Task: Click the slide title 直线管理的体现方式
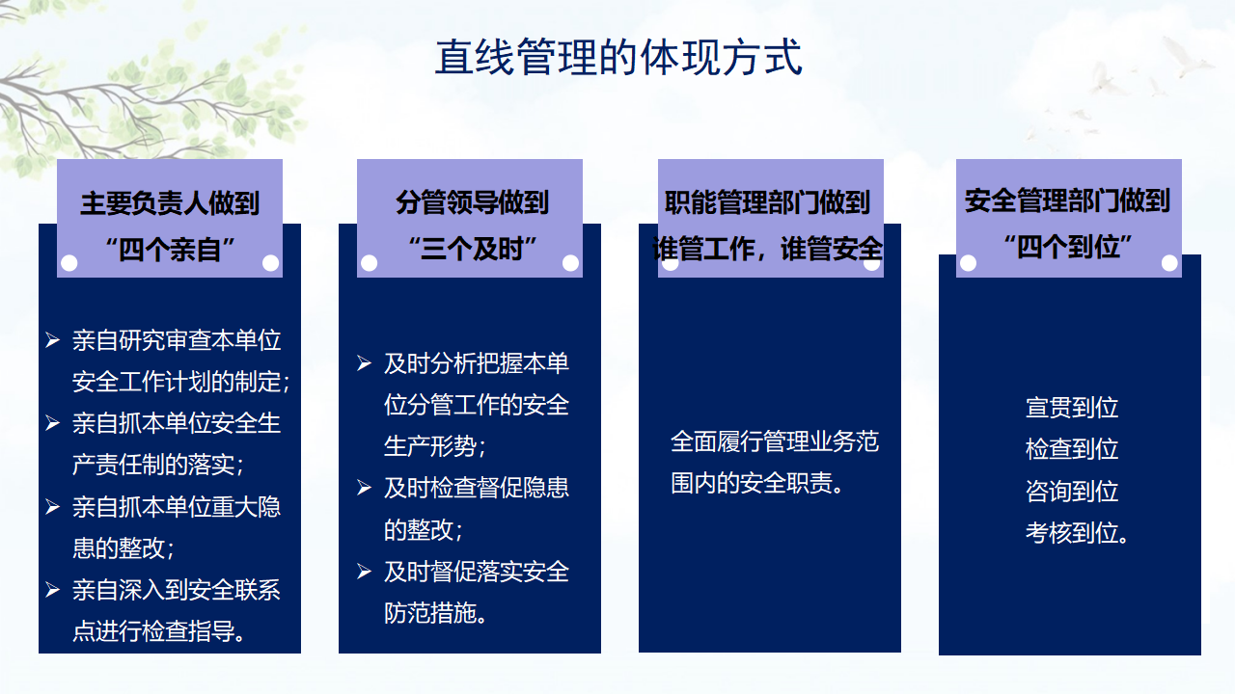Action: click(618, 57)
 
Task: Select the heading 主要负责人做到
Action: click(170, 203)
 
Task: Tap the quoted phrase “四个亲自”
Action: click(170, 249)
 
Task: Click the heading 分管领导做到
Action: click(472, 202)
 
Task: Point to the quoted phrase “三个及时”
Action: click(472, 249)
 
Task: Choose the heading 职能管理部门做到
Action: click(767, 202)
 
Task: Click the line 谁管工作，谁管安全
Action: click(767, 249)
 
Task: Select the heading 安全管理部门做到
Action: click(1067, 200)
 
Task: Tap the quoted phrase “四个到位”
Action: click(1067, 246)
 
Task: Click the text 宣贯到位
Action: click(1072, 408)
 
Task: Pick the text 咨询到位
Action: click(1072, 492)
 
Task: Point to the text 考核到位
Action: click(1077, 533)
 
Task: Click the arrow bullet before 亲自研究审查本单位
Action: click(52, 340)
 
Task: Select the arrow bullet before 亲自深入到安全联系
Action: click(52, 590)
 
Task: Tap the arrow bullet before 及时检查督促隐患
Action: click(364, 488)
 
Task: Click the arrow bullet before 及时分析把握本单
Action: click(364, 363)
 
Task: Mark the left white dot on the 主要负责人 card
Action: click(69, 263)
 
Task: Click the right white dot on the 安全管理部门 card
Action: click(1169, 263)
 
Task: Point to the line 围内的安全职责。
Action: click(756, 484)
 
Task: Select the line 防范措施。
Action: click(435, 613)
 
